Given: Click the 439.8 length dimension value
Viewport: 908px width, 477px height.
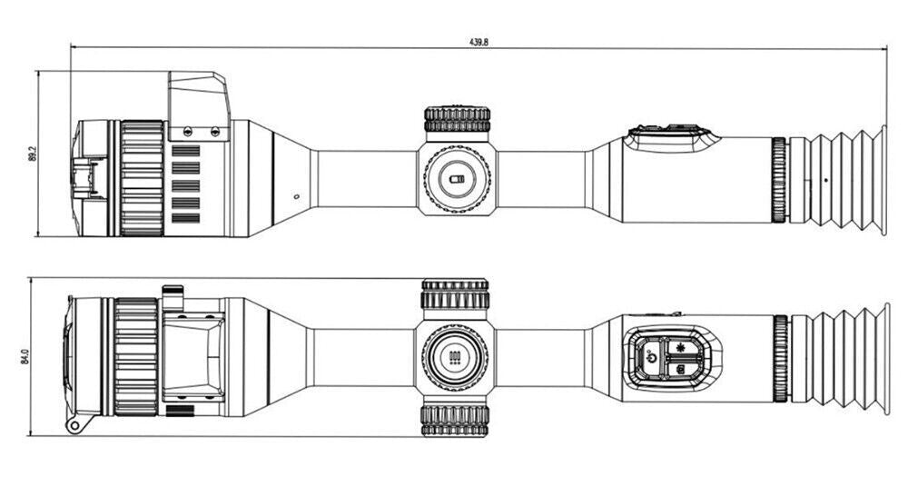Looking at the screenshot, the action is (479, 43).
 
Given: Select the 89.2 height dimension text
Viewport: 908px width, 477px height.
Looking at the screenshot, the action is (32, 154).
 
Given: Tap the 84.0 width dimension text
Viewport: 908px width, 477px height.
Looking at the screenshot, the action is (25, 357).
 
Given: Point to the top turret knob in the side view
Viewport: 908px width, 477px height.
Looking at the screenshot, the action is (458, 119).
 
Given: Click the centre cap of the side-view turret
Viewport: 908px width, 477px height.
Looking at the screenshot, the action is (457, 178).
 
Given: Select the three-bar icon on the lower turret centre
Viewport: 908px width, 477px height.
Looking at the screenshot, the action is (455, 357).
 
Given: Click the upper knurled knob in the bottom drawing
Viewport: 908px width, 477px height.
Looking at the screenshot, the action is (455, 293).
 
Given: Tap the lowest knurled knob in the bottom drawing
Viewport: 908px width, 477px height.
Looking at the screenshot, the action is (455, 420).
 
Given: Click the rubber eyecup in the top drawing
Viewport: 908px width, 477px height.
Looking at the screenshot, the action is (847, 180).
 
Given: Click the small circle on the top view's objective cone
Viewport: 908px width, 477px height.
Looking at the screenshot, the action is (297, 197).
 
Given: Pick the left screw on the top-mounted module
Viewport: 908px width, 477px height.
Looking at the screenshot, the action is (188, 131).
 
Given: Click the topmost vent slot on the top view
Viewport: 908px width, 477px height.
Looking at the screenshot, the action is (186, 151).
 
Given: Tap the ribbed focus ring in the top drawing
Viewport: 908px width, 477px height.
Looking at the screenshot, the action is (142, 178).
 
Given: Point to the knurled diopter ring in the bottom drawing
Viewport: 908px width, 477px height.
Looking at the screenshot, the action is (781, 359).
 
